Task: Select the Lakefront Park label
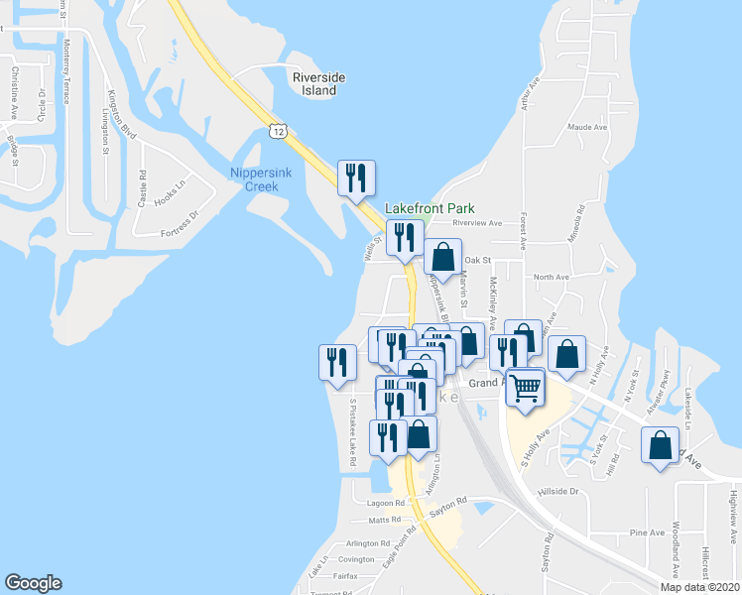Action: (x=430, y=208)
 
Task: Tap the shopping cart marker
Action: (x=526, y=388)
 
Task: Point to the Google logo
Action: (x=33, y=583)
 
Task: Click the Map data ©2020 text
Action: (x=700, y=587)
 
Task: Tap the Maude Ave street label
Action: (x=587, y=127)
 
